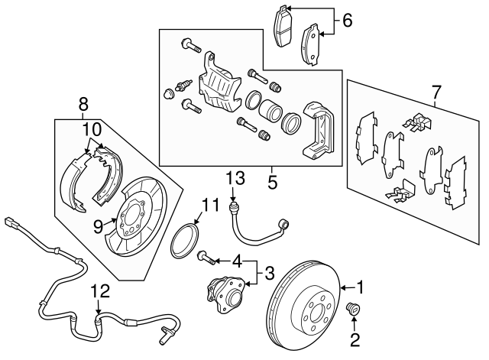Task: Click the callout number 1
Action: click(x=364, y=288)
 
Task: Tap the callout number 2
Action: click(x=355, y=336)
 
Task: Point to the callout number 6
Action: click(x=347, y=21)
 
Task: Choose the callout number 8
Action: click(x=83, y=103)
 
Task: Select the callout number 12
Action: click(x=98, y=290)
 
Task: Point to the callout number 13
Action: click(x=235, y=178)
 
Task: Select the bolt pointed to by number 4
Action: click(x=205, y=256)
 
